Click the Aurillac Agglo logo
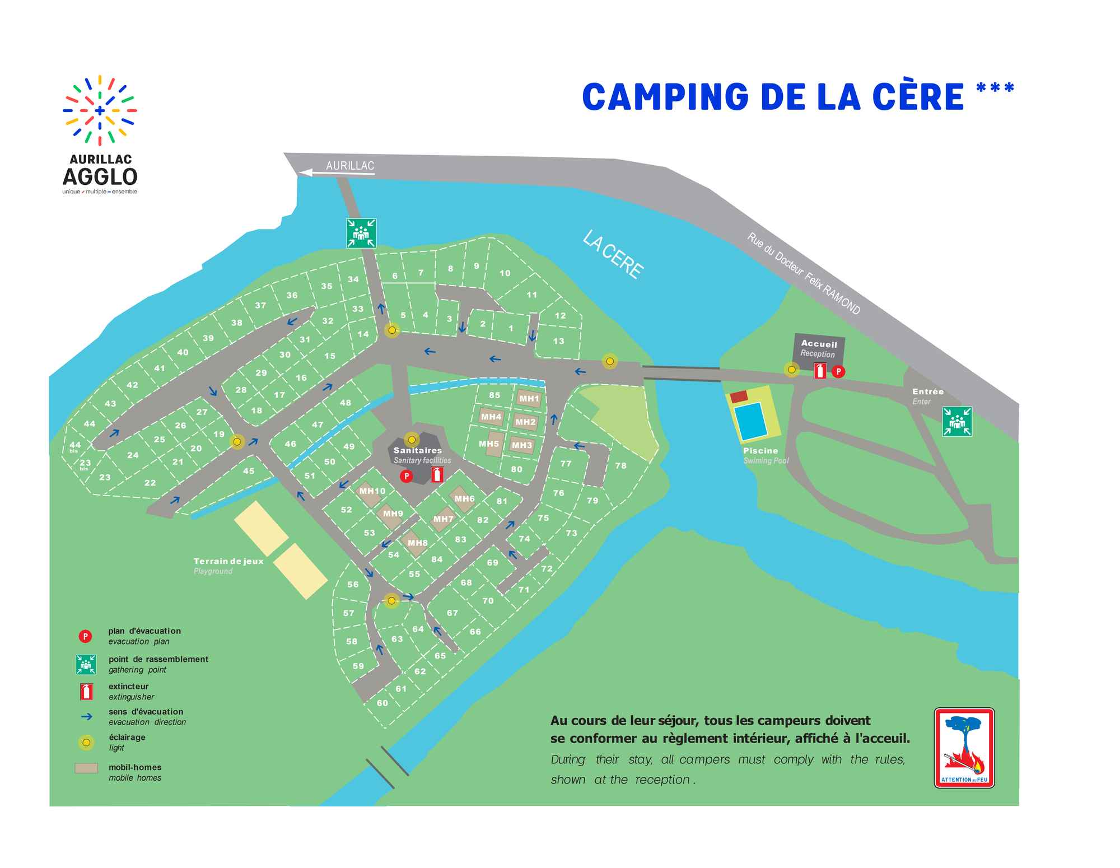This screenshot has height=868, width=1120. [100, 134]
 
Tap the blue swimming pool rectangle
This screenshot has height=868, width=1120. [750, 421]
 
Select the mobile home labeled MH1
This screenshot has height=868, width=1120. [529, 399]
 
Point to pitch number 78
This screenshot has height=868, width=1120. [620, 465]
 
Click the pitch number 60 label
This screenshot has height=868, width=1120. [382, 703]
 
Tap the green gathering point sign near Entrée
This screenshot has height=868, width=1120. [956, 421]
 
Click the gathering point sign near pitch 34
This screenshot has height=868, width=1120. [361, 233]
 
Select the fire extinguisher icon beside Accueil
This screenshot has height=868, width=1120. [819, 371]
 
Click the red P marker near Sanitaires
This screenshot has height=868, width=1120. [406, 476]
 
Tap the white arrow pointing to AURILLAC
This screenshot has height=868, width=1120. [336, 173]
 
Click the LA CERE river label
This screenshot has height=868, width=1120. [613, 254]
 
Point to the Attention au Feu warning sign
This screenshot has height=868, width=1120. [964, 748]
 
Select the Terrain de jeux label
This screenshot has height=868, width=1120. [228, 561]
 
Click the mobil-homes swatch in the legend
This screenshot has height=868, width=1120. [86, 768]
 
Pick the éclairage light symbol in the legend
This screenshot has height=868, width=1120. [86, 743]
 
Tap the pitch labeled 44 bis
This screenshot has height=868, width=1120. [75, 446]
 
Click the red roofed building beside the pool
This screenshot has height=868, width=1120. [739, 396]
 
